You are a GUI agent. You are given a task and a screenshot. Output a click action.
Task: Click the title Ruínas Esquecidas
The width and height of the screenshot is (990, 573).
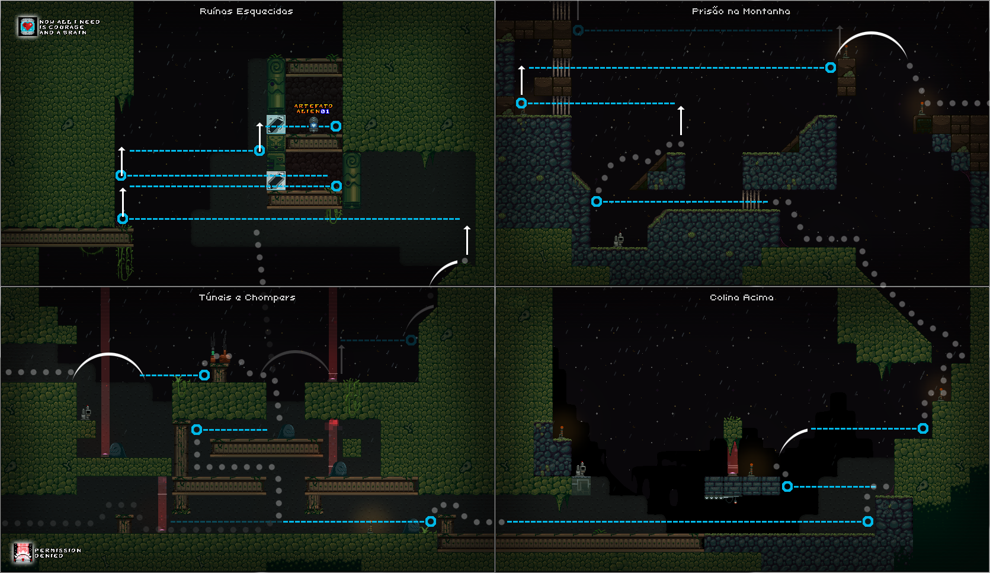click(x=246, y=11)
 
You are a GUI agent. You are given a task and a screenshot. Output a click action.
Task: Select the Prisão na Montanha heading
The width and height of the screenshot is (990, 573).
click(x=741, y=11)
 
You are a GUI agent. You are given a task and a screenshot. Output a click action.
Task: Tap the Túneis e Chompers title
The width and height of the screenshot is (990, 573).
click(x=247, y=297)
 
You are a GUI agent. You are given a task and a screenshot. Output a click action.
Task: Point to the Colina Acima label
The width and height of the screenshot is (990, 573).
click(x=741, y=297)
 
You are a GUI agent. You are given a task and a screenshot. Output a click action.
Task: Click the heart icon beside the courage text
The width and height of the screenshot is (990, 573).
click(x=27, y=27)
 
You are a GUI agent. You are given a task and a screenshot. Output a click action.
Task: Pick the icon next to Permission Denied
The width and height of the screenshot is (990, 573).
click(x=23, y=552)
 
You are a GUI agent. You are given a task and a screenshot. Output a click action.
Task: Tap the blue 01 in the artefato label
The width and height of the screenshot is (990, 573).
click(x=325, y=111)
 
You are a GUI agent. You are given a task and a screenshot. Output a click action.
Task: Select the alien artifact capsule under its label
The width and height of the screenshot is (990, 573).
click(x=313, y=124)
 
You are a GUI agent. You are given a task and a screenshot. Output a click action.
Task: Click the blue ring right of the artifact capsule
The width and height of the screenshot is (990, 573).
click(x=336, y=126)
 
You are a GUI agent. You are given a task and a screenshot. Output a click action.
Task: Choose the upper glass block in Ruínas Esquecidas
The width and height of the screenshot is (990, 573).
click(x=275, y=124)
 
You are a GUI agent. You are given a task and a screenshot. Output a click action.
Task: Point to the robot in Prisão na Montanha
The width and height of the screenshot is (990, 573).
click(x=619, y=240)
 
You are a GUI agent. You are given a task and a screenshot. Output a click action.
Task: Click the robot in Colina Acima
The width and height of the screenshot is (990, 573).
click(x=581, y=469)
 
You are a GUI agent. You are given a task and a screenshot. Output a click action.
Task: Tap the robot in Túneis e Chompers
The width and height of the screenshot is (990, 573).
click(x=86, y=412)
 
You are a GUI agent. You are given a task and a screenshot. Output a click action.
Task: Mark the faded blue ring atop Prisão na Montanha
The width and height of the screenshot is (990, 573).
click(x=578, y=30)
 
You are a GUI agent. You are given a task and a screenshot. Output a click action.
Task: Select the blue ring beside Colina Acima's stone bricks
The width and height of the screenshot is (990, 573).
click(x=787, y=486)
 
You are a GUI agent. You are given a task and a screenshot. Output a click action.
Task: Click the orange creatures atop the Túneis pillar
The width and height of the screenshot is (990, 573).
click(x=220, y=357)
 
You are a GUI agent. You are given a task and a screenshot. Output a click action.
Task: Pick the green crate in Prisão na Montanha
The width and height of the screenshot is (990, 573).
click(x=922, y=124)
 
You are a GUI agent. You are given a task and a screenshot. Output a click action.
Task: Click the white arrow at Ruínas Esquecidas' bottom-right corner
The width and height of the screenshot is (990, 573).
click(x=467, y=240)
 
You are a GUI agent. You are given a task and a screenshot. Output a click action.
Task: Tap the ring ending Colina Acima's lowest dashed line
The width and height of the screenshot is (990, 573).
click(x=868, y=521)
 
